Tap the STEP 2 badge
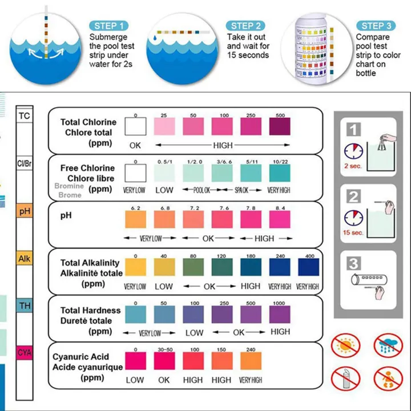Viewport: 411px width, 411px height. point(246,26)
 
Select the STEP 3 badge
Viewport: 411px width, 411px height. point(376,26)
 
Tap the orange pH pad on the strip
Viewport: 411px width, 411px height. point(25,212)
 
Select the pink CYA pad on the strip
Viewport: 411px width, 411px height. point(25,353)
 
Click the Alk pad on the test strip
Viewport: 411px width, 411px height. point(25,258)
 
